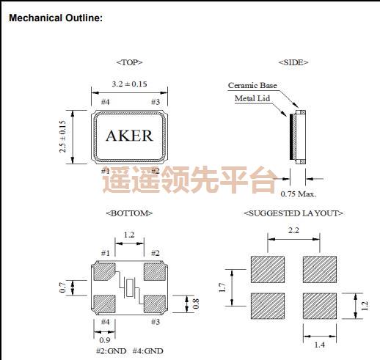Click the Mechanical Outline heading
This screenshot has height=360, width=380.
(x=55, y=17)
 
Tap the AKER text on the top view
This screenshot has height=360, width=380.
(x=130, y=136)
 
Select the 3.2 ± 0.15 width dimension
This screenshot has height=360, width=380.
(x=130, y=85)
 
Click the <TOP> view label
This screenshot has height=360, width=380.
(x=129, y=62)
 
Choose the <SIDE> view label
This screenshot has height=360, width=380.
(x=293, y=62)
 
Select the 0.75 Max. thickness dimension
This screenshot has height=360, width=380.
(x=299, y=194)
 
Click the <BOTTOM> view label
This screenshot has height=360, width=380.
(x=129, y=213)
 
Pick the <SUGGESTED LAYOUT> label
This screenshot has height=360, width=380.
(x=293, y=213)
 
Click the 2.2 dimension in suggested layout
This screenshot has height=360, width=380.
(x=293, y=231)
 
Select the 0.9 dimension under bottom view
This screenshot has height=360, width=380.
(x=106, y=340)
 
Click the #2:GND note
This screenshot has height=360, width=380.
(x=111, y=351)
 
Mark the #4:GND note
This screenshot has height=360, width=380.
(x=149, y=351)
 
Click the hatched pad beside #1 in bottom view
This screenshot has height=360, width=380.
(x=106, y=271)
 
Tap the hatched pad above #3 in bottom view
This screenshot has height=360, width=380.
(x=155, y=303)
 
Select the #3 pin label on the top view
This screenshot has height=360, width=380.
(x=155, y=102)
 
